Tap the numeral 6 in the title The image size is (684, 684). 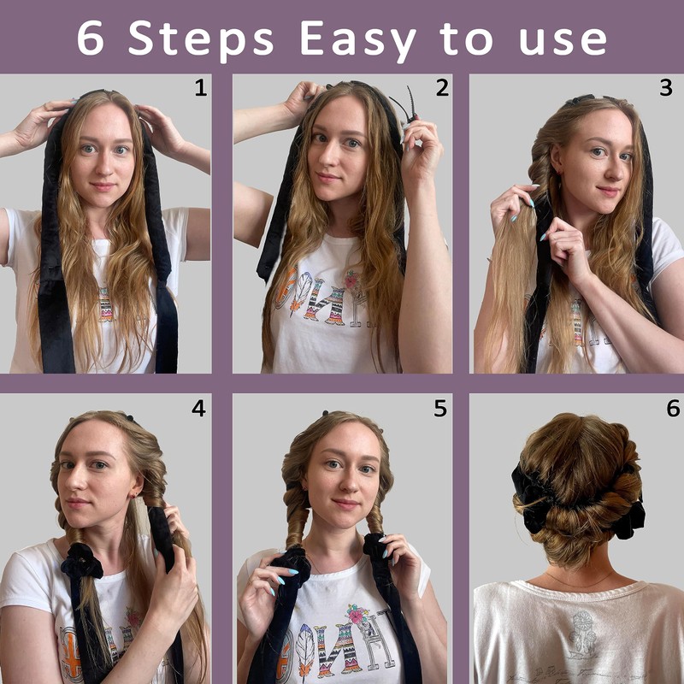(92, 37)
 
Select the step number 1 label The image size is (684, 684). (200, 88)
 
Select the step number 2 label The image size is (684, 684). (441, 88)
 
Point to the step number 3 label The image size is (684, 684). (665, 88)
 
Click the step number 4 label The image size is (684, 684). (198, 410)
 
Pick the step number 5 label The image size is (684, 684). (440, 410)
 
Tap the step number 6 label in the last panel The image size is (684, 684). (672, 410)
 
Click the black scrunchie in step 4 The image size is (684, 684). (82, 563)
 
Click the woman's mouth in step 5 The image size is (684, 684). (345, 504)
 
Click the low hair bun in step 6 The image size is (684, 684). (575, 517)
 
